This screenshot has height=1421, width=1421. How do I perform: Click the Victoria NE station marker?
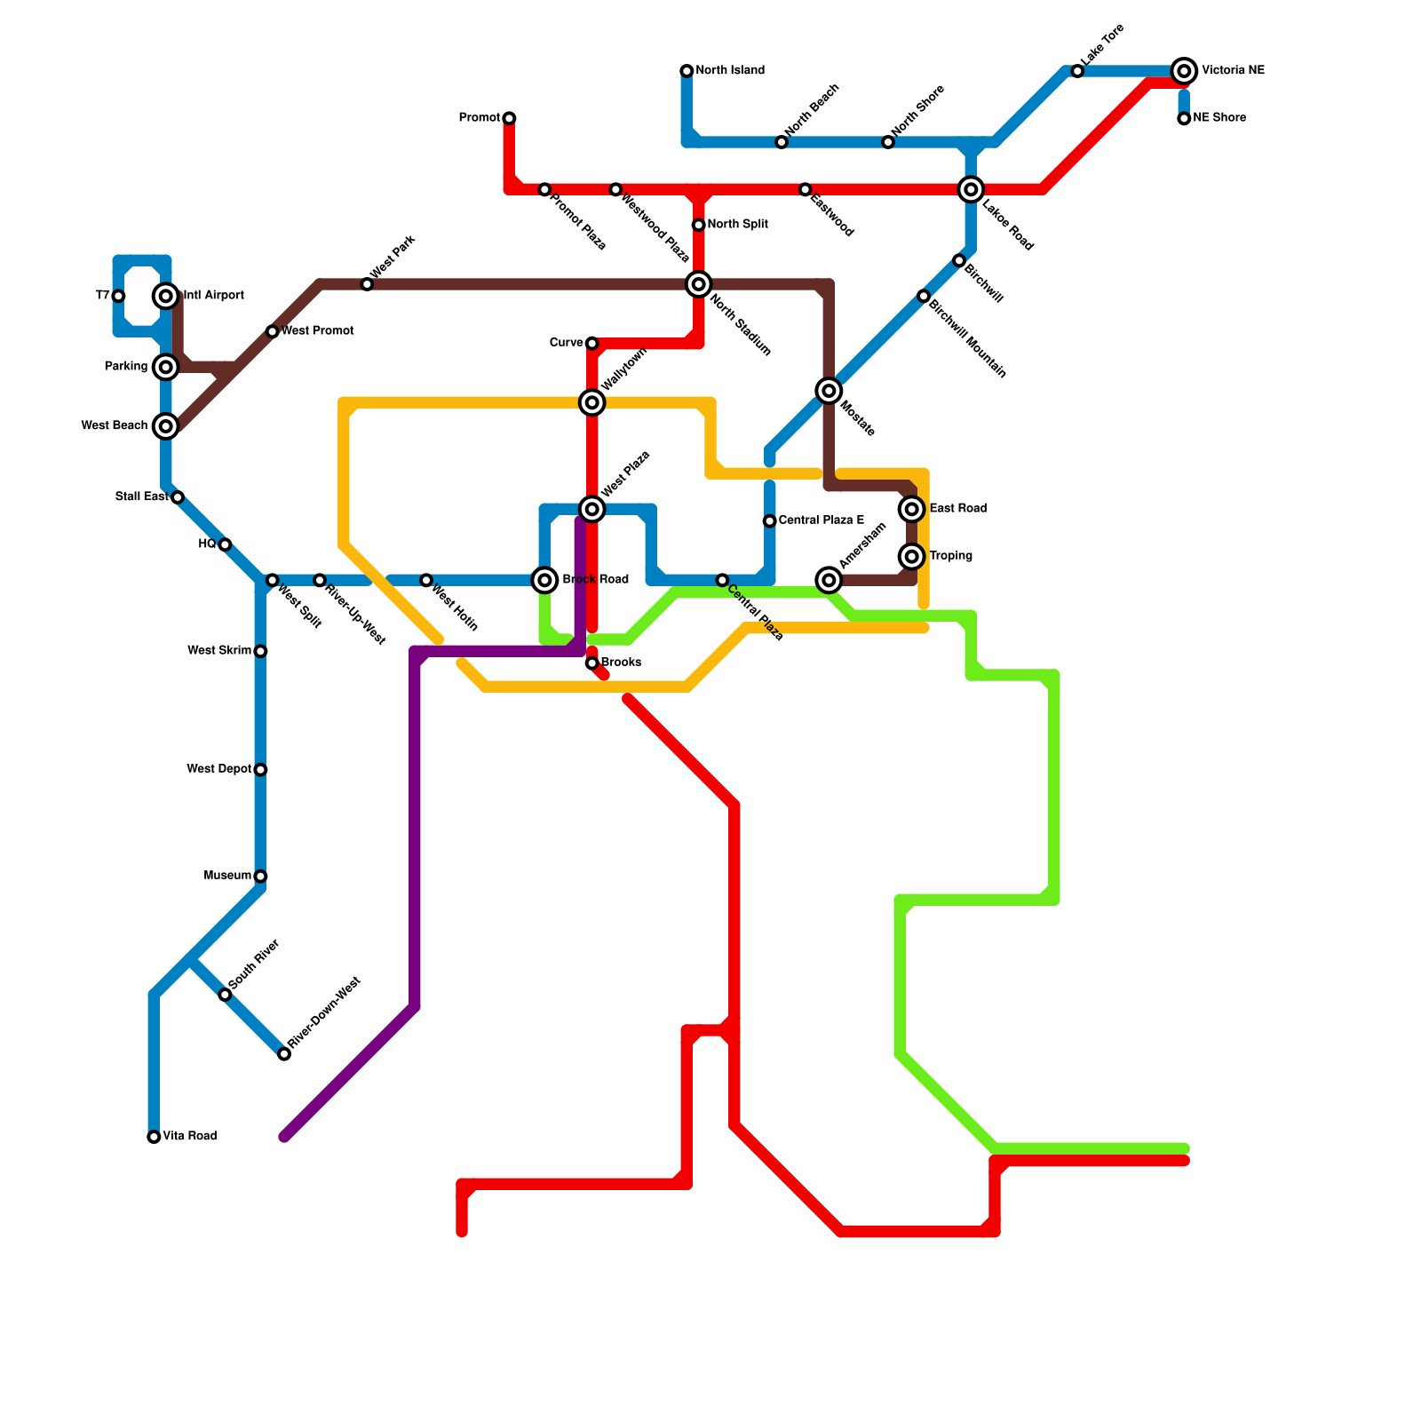(x=1183, y=71)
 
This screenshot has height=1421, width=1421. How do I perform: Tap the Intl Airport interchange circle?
(x=166, y=296)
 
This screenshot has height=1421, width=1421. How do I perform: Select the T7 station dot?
(x=118, y=296)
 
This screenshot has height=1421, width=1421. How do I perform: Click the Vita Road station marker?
(x=154, y=1137)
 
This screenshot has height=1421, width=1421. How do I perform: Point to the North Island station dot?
(x=687, y=71)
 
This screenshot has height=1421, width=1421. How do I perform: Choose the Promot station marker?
(x=509, y=118)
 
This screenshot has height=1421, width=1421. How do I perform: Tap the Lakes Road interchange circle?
(x=971, y=189)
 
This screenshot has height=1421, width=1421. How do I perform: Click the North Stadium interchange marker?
(x=699, y=284)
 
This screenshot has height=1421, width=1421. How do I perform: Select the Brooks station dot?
(x=591, y=663)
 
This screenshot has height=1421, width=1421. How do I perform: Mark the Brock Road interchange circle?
(x=545, y=580)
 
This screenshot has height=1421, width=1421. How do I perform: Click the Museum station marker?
(x=260, y=877)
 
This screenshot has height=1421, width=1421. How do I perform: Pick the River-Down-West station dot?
(x=284, y=1054)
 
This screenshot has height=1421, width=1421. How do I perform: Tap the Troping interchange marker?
(x=912, y=557)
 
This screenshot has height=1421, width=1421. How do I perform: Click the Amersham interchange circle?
(x=829, y=580)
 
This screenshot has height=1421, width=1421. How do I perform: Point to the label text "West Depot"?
(x=218, y=769)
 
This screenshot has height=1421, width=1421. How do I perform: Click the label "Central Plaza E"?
(x=821, y=520)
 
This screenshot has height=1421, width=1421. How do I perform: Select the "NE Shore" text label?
(x=1219, y=118)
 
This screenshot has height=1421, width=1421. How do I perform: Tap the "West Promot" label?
(x=317, y=331)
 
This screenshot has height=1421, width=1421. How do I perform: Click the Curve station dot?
(x=591, y=344)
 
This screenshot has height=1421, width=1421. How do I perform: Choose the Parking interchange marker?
(x=166, y=367)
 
